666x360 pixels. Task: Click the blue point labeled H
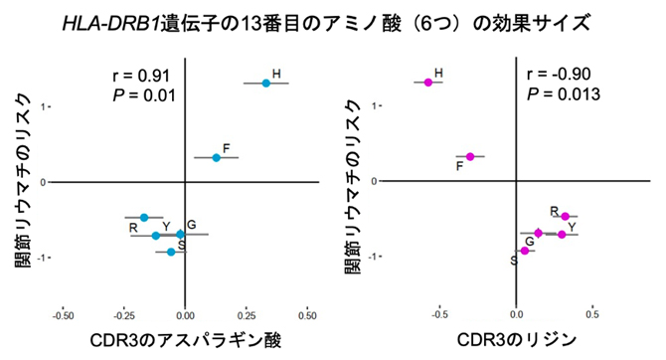tap(266, 84)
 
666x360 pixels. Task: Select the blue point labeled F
tap(217, 158)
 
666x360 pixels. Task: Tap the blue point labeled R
tap(144, 218)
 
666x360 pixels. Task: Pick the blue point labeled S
tap(171, 252)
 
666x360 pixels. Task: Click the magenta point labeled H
tap(428, 83)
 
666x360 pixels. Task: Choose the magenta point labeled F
tap(470, 156)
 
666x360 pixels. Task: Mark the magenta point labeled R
tap(565, 217)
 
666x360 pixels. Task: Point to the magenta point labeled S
tap(525, 251)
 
